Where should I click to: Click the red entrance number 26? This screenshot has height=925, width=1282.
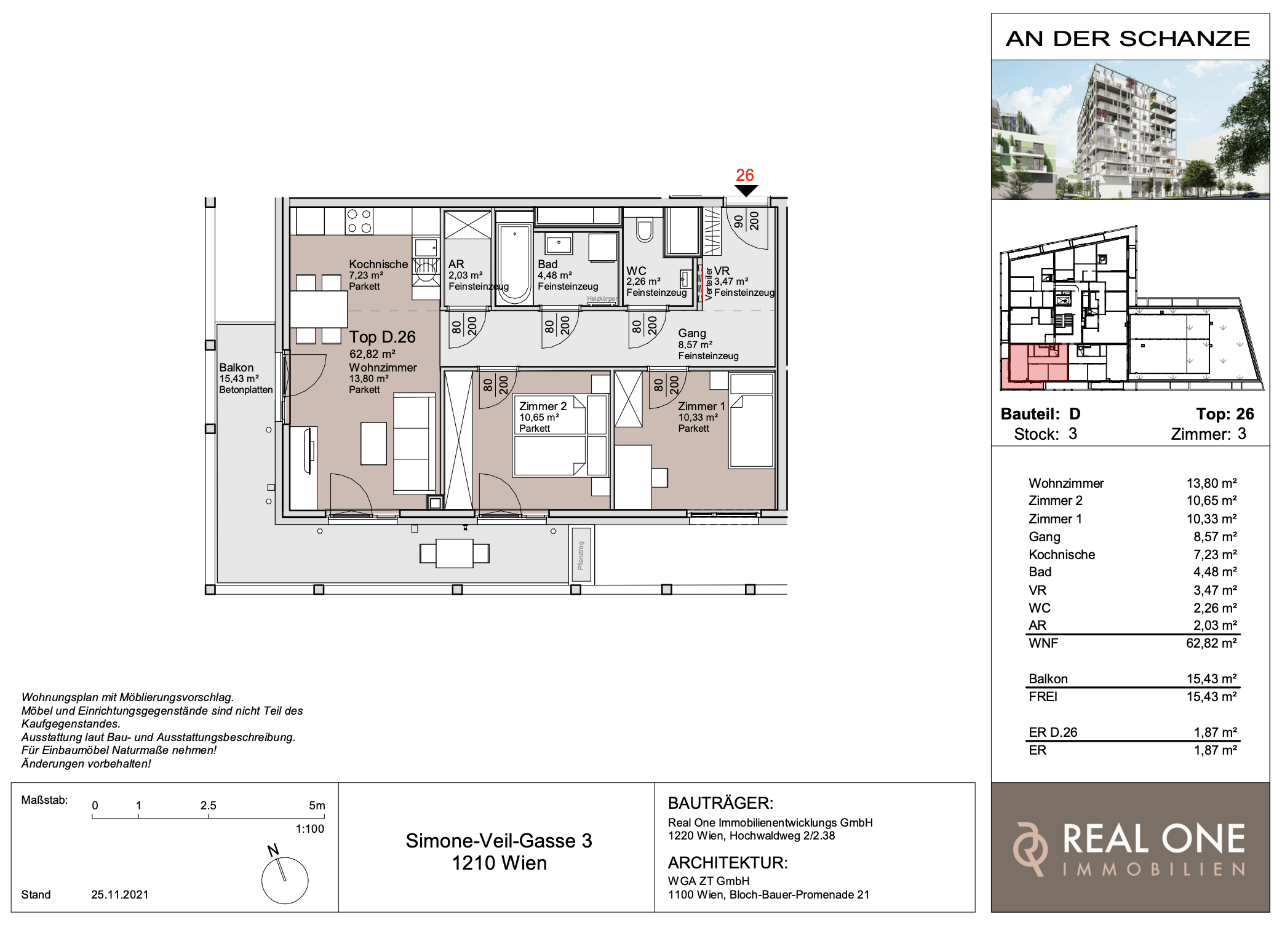point(745,175)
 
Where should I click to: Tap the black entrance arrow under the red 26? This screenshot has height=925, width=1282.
point(746,191)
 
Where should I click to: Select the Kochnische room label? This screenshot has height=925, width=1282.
point(378,264)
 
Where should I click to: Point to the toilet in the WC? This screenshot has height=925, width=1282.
point(645,229)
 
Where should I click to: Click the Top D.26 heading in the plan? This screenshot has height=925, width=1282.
point(383,337)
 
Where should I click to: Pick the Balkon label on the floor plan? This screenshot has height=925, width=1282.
point(236,368)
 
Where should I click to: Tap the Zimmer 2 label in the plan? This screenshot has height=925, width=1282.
point(543,406)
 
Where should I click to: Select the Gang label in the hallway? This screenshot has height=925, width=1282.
point(692,333)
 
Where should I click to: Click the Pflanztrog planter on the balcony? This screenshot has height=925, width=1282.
point(581,555)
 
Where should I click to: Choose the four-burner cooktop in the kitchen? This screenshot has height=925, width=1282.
point(359,221)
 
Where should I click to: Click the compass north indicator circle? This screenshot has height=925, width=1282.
point(285,881)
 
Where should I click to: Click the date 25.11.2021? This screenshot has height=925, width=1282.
point(120,895)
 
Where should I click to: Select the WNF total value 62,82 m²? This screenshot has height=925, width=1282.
point(1211,643)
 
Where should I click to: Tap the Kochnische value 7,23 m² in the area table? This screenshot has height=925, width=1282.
point(1215,555)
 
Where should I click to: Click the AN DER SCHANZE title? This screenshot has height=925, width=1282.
point(1128,39)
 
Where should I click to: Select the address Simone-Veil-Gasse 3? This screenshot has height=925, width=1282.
point(499,841)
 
